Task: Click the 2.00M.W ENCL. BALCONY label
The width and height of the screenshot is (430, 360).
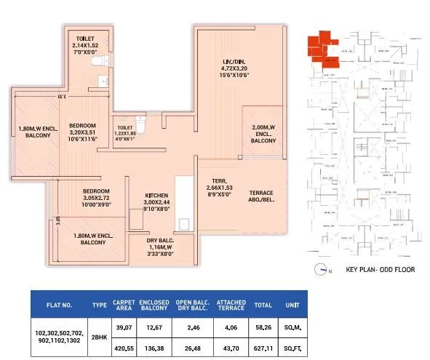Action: click(263, 134)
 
